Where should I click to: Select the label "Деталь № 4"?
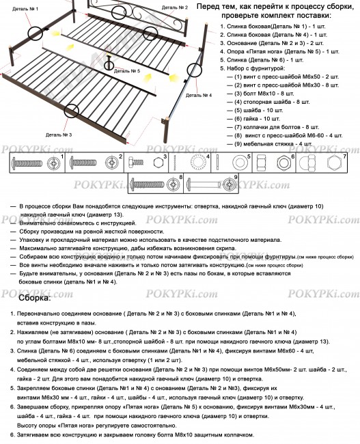point(199,96)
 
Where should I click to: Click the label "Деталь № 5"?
point(126,70)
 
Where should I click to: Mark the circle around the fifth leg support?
point(111,63)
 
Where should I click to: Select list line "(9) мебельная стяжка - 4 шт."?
point(276,144)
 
